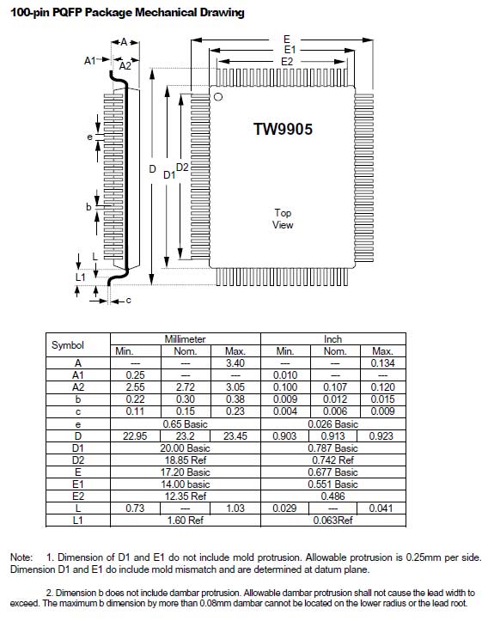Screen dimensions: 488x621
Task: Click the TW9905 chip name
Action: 283,129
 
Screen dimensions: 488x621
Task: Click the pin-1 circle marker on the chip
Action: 218,97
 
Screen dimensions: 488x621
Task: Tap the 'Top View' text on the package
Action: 283,219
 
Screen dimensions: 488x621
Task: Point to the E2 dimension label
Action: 287,61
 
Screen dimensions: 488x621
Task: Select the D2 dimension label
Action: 182,167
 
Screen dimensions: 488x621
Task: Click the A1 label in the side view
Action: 90,61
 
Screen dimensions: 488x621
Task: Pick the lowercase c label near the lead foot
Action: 128,301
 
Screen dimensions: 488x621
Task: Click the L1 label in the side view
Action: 81,277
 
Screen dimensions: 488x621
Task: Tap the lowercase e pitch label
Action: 90,137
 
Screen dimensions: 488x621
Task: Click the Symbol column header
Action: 68,345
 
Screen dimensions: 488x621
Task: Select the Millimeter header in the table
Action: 185,339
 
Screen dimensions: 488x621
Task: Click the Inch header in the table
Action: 332,339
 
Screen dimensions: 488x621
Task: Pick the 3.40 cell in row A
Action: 235,363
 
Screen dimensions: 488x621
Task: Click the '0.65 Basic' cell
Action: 185,424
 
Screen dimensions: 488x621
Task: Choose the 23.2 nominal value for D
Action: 185,436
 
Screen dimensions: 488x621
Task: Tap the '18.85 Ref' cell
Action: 186,460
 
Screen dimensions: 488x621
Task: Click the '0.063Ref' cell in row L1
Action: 332,520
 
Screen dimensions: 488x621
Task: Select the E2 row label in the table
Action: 78,496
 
